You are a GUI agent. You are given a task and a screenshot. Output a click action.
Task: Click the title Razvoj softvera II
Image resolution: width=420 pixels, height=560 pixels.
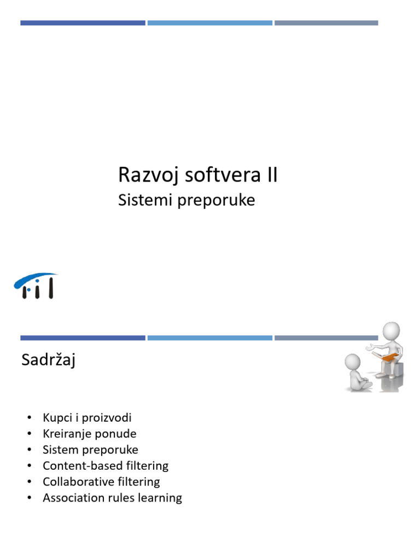pos(197,176)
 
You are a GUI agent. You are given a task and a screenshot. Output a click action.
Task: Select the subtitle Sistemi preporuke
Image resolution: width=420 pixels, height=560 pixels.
pos(186,200)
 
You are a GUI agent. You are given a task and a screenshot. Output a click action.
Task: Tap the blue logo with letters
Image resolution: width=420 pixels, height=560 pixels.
pos(36,285)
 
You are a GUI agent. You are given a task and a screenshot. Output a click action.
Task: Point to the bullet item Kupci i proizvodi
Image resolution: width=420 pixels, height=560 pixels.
pos(87,418)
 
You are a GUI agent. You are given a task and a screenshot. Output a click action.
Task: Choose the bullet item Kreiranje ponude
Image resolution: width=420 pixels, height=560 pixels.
pos(89,434)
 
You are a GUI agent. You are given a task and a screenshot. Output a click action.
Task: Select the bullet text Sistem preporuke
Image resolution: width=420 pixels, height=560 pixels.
pos(90,450)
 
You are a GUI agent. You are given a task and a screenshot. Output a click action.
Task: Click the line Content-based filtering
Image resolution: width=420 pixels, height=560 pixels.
pos(106,466)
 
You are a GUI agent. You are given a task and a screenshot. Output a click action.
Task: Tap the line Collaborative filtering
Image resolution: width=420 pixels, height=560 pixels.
pos(101,482)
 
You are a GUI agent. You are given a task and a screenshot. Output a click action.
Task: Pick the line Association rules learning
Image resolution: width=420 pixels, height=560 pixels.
pos(112,498)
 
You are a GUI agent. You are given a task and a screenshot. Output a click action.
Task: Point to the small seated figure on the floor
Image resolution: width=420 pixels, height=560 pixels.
pos(356,372)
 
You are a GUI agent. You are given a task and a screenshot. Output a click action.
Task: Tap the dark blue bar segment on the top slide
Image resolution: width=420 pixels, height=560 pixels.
pos(83,23)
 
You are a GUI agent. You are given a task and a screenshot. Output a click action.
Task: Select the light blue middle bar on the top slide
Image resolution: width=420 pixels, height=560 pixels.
pos(209,23)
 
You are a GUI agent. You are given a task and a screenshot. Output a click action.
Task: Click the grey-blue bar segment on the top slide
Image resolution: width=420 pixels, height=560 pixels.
pos(326,23)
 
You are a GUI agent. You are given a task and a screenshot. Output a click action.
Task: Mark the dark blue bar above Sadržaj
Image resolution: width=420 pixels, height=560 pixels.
pos(83,338)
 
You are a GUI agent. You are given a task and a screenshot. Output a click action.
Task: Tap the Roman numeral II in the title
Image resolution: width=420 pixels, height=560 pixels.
pos(271,176)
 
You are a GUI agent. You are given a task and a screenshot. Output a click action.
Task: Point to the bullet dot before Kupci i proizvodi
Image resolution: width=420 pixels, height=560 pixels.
pos(28,418)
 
